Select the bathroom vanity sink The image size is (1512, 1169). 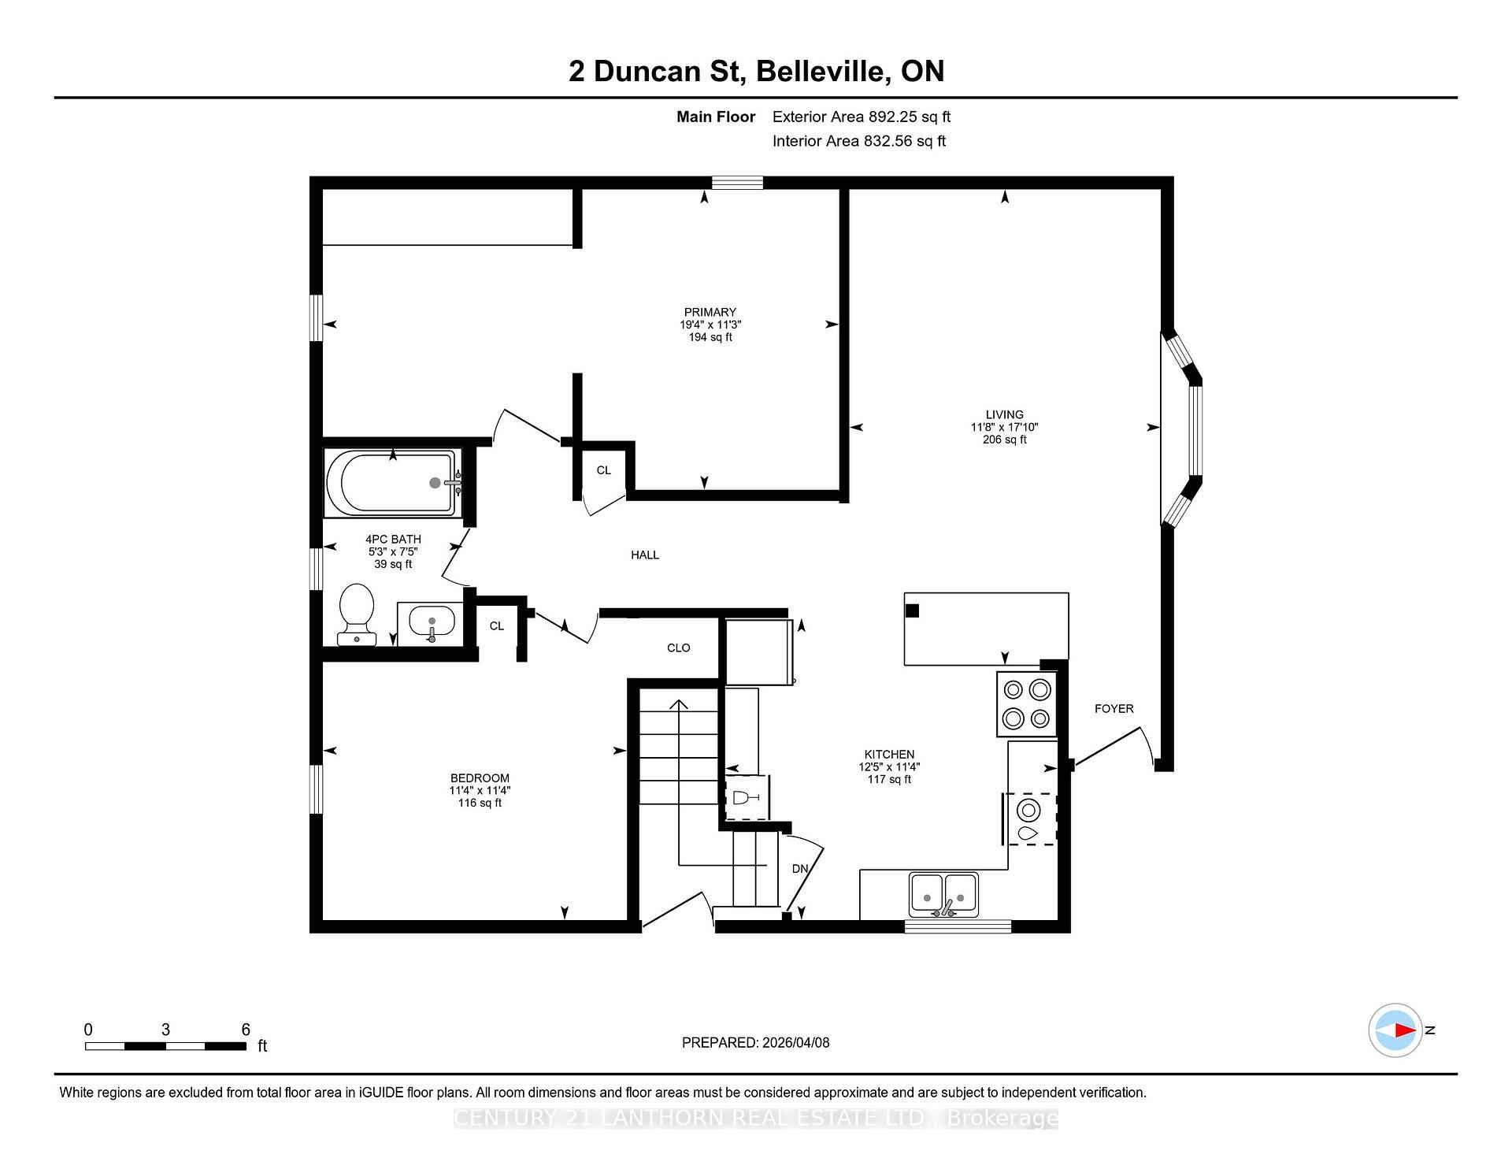click(x=431, y=622)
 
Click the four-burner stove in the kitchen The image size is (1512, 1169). click(x=1026, y=703)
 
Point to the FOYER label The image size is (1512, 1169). click(x=1114, y=709)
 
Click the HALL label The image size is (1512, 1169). click(x=644, y=555)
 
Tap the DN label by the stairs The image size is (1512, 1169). click(x=799, y=869)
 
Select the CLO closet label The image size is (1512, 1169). click(x=678, y=648)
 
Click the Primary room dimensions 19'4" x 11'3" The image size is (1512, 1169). click(x=710, y=325)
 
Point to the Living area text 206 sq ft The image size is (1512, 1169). click(x=1004, y=440)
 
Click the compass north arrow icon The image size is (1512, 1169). click(x=1395, y=1030)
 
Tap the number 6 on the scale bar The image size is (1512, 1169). click(x=246, y=1030)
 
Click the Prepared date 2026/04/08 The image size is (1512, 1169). click(x=795, y=1043)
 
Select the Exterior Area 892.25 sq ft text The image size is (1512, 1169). click(x=861, y=117)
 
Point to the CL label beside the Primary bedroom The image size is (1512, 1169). click(x=603, y=470)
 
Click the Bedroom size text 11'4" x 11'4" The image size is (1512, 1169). click(x=480, y=790)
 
